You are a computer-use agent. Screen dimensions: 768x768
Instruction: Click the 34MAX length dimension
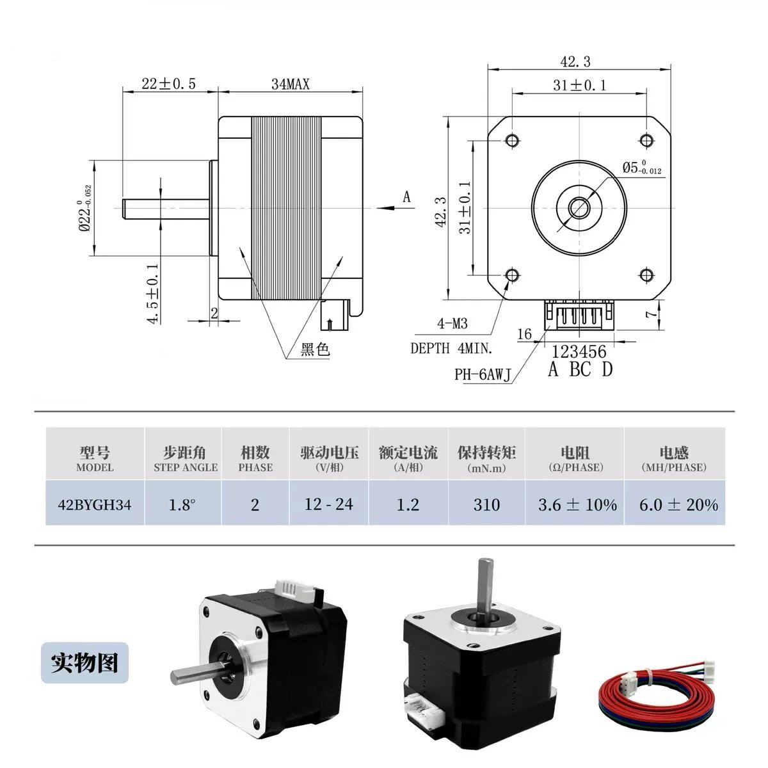[x=291, y=84]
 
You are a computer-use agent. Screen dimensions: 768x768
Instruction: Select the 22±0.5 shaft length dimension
[x=168, y=84]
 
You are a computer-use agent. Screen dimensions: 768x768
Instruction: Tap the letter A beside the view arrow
[x=406, y=197]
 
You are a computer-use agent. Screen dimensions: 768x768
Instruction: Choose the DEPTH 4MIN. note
[x=451, y=349]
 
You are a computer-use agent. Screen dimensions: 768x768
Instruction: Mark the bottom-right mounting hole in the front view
[x=646, y=275]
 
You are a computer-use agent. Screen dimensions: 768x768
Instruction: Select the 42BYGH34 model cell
[x=95, y=504]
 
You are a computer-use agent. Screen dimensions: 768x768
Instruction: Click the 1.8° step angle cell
[x=182, y=504]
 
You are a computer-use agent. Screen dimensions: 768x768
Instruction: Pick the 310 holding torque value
[x=486, y=504]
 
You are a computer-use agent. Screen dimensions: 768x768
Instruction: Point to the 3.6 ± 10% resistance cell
[x=577, y=504]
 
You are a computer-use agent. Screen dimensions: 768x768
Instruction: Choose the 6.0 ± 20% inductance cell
[x=678, y=504]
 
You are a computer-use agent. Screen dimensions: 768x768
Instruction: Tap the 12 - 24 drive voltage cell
[x=329, y=504]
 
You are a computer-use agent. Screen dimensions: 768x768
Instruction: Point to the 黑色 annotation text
[x=314, y=349]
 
